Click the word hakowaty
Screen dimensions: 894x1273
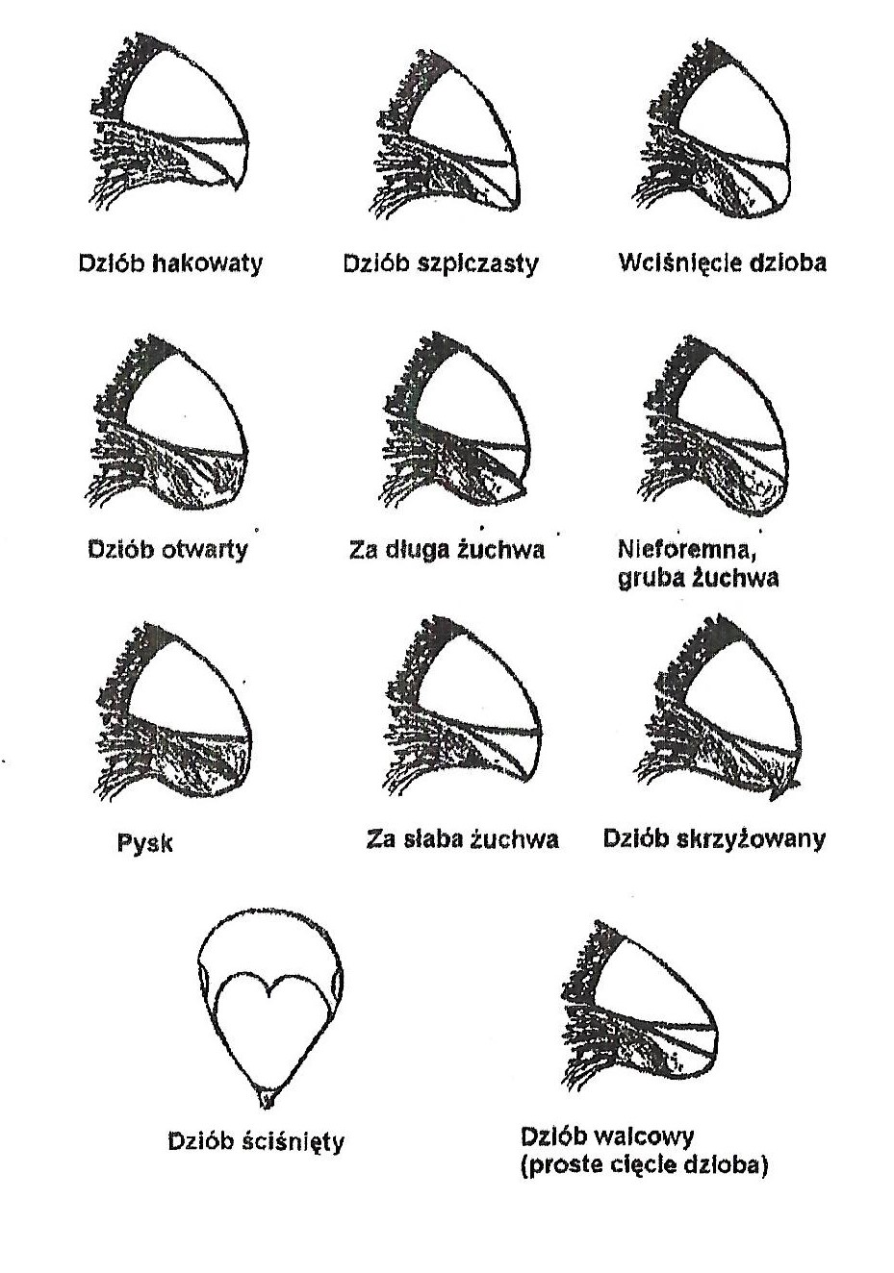pyautogui.click(x=209, y=264)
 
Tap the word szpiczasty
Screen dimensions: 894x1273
pyautogui.click(x=477, y=264)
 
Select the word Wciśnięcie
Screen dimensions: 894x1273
pyautogui.click(x=677, y=263)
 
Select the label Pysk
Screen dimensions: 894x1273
pyautogui.click(x=144, y=843)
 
